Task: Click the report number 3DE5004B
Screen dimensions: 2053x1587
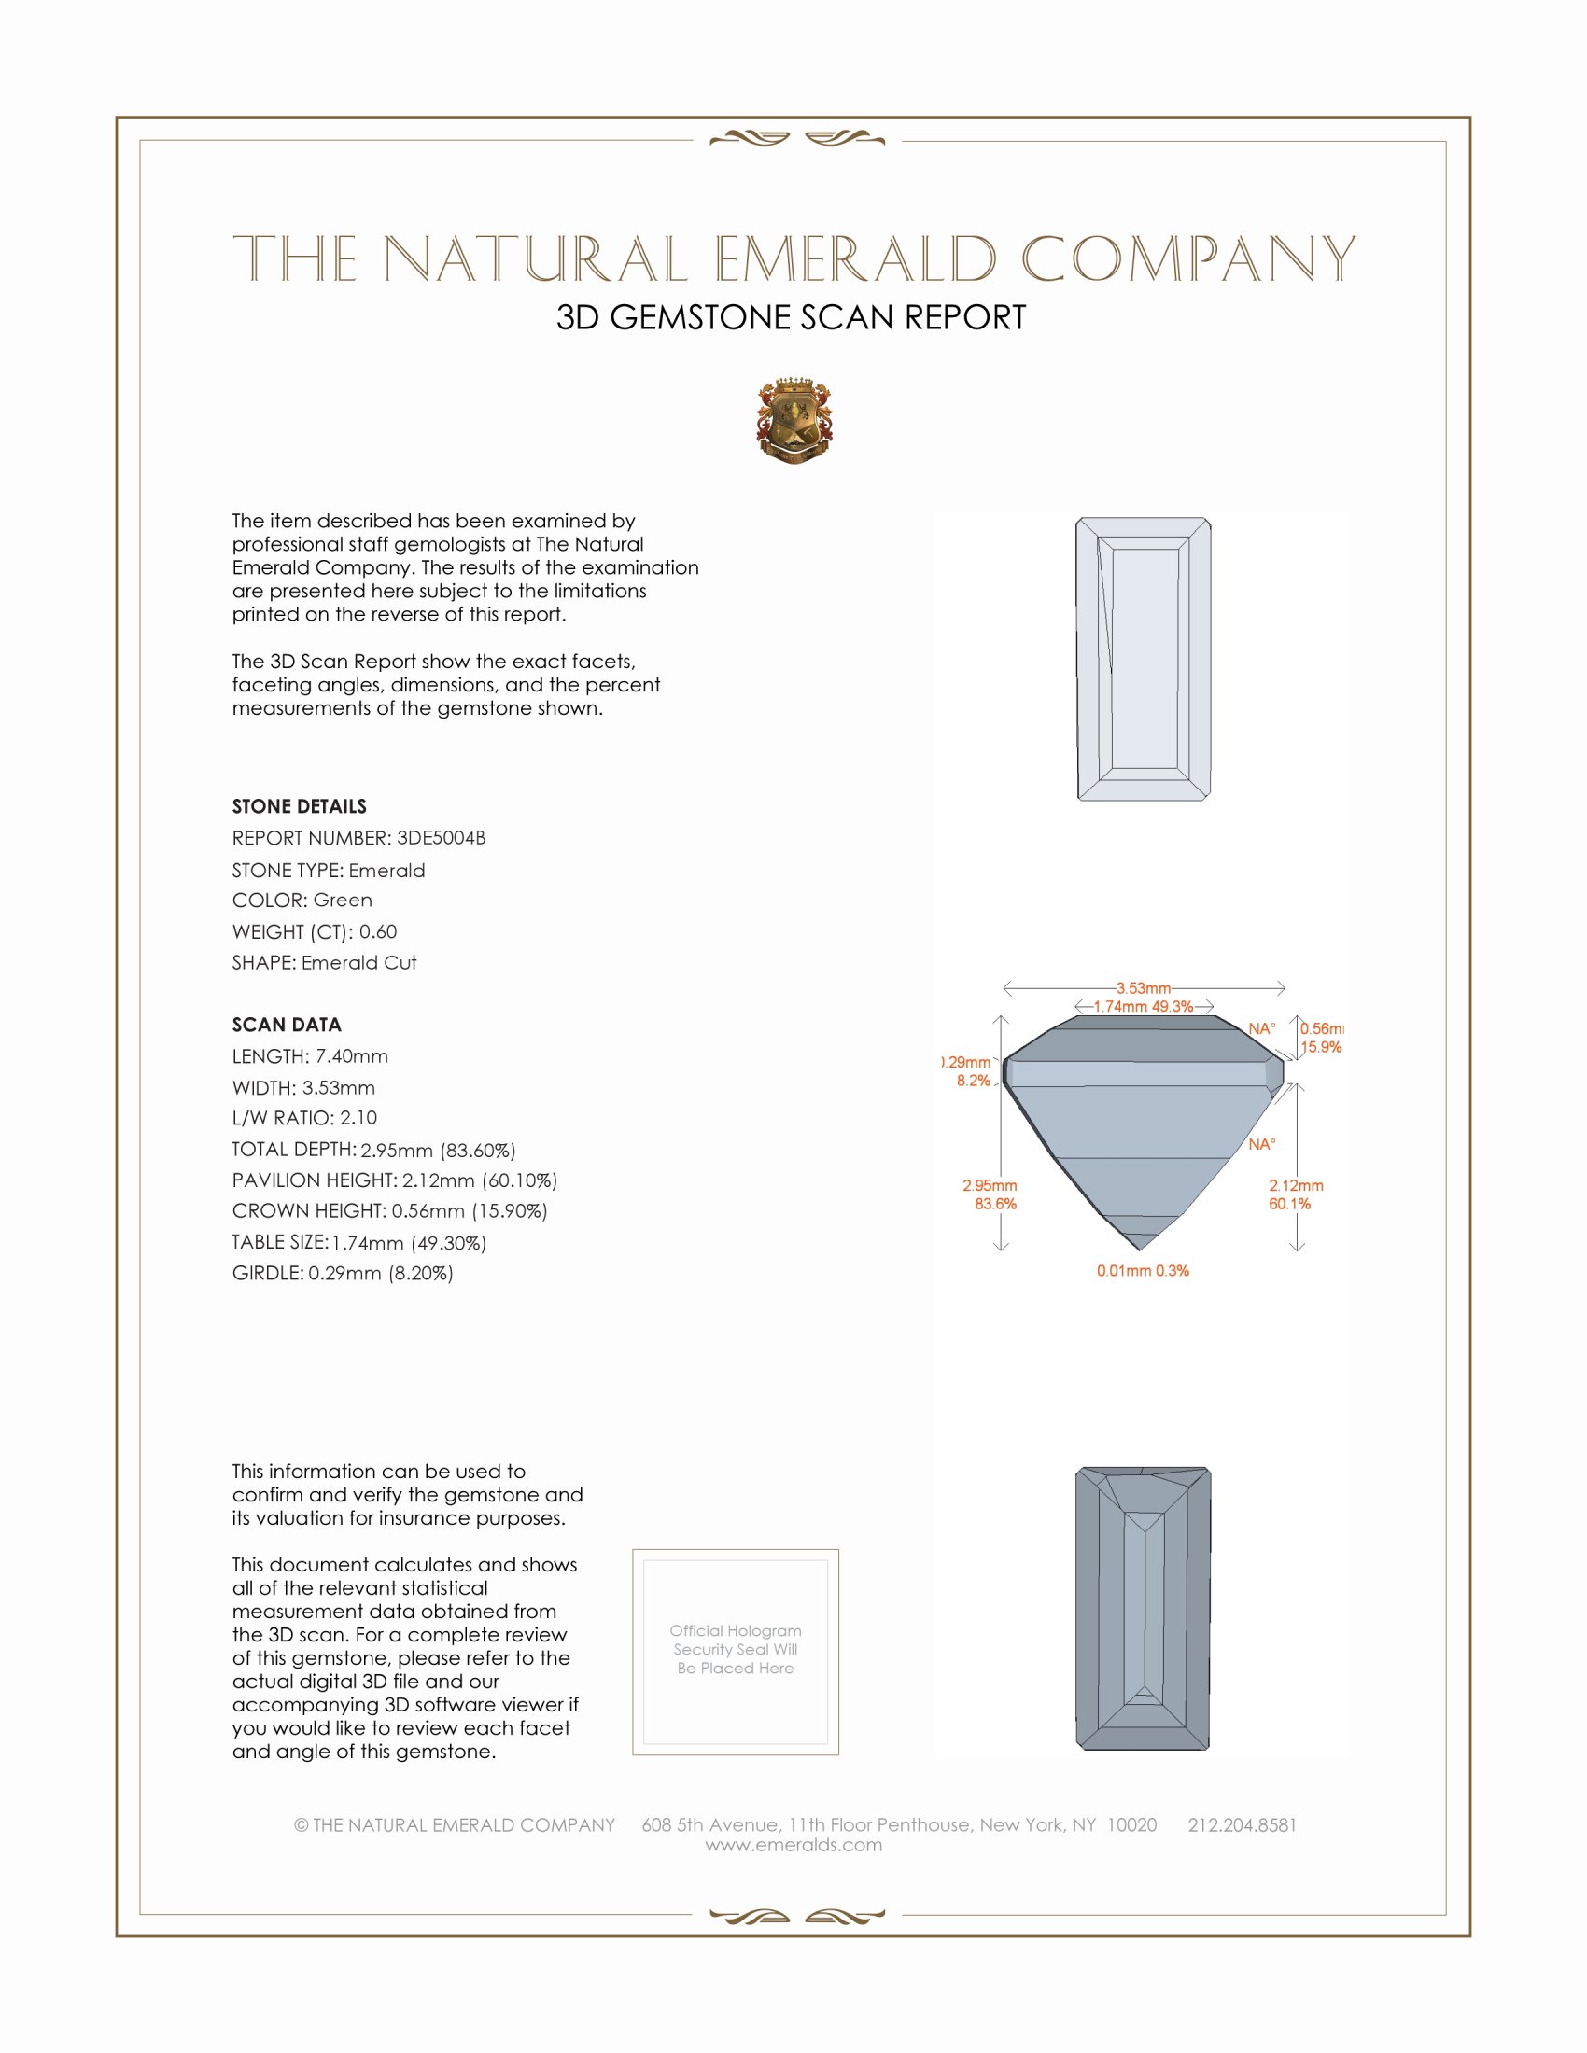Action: click(x=441, y=838)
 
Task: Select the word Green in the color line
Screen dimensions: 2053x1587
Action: click(x=343, y=900)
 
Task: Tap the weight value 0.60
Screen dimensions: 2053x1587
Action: click(x=378, y=931)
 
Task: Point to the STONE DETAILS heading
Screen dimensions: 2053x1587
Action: click(x=299, y=805)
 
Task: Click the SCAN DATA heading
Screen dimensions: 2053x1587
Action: click(x=286, y=1025)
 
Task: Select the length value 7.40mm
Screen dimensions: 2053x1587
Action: click(x=352, y=1055)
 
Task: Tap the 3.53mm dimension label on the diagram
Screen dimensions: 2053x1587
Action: click(x=1144, y=988)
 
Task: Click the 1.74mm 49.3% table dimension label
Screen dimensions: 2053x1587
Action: click(x=1144, y=1006)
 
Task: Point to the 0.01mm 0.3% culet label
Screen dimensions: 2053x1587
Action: click(x=1143, y=1271)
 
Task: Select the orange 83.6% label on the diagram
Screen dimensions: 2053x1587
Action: click(x=995, y=1203)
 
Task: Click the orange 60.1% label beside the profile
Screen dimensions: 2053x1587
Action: click(x=1289, y=1203)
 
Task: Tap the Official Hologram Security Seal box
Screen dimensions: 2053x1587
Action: click(x=736, y=1651)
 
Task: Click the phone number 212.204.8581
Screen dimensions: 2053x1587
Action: click(x=1242, y=1824)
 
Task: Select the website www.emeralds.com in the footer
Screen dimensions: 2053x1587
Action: click(x=793, y=1845)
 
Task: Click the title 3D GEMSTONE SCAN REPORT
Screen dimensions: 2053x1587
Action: click(x=791, y=317)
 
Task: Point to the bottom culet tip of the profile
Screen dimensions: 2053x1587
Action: click(x=1140, y=1249)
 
